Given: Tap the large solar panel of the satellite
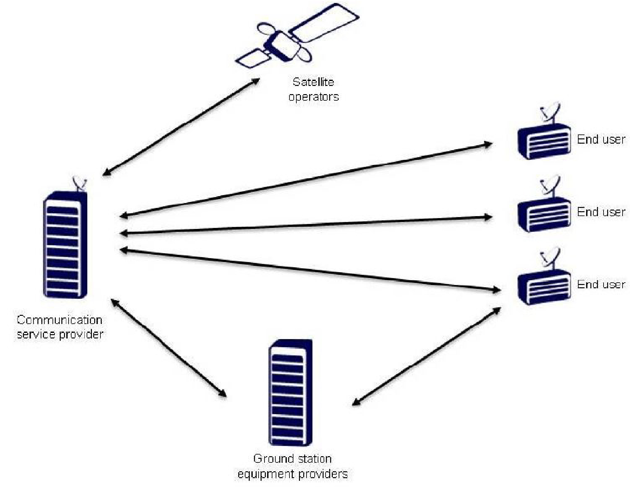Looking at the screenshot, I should point(323,23).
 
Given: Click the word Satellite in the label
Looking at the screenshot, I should point(313,82).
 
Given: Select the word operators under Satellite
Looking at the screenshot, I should point(313,97).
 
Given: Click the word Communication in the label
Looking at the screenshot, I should point(59,320).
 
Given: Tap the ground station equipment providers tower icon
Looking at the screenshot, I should point(290,392).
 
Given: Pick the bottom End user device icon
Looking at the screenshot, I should point(544,287).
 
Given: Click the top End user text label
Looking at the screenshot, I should point(601,139).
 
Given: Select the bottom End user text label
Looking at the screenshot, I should point(601,284).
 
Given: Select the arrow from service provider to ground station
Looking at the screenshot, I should point(169,348).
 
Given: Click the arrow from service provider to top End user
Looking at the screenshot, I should point(305,180).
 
